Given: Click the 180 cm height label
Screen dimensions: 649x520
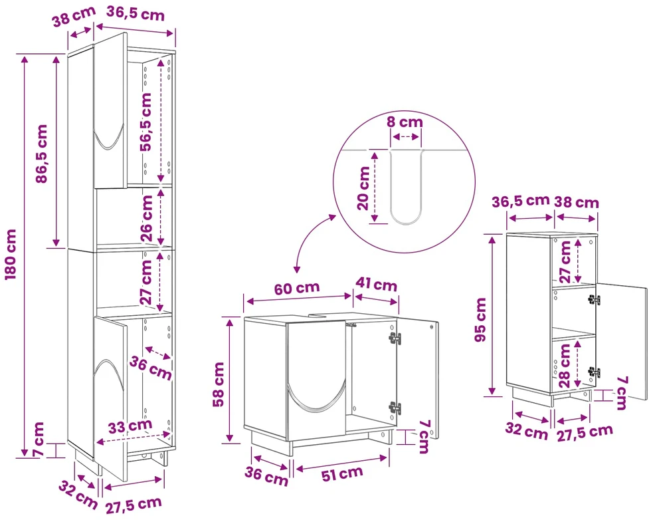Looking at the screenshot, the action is (11, 254).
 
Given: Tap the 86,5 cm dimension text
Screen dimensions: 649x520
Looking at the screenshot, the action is (41, 154).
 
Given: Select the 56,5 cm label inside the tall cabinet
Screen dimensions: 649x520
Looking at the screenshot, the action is (146, 122).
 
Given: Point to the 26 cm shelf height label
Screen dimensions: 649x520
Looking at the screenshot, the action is (147, 218).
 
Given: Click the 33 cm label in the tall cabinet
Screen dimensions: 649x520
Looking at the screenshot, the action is (130, 426).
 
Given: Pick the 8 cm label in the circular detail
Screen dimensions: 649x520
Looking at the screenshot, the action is (405, 122).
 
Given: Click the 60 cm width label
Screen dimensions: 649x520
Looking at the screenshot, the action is (297, 287).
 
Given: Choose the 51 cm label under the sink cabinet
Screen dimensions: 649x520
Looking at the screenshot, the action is (342, 473).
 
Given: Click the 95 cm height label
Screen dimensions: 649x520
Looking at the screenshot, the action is (480, 319).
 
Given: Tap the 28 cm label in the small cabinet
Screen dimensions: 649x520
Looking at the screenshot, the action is (565, 366).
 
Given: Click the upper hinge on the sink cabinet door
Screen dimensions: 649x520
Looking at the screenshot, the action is (395, 338).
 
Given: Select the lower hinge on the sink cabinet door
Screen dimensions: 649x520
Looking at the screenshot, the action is (395, 408).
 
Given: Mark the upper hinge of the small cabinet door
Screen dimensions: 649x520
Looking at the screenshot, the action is (595, 300).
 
